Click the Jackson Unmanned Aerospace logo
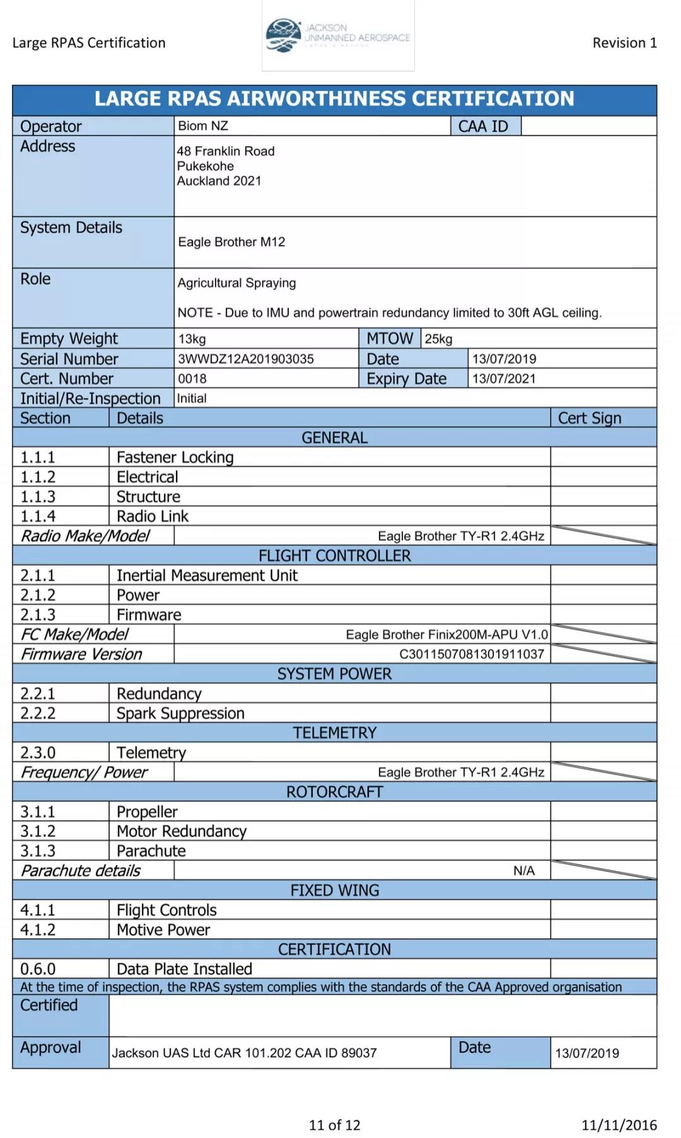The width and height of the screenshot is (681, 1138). click(x=338, y=36)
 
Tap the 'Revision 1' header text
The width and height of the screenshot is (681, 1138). click(x=624, y=43)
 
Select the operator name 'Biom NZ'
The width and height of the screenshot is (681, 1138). click(x=203, y=126)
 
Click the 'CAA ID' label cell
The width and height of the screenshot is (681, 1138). click(x=483, y=126)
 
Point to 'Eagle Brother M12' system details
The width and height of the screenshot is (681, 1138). click(x=231, y=242)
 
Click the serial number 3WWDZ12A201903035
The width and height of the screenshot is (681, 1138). click(x=246, y=359)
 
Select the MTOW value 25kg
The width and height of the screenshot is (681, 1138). click(x=438, y=339)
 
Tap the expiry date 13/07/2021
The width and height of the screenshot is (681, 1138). click(x=504, y=378)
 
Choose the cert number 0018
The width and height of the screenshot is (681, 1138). click(x=192, y=379)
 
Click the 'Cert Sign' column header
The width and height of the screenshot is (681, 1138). click(x=590, y=418)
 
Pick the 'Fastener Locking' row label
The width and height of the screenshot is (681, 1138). click(x=175, y=457)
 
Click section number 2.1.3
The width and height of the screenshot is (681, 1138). click(x=38, y=615)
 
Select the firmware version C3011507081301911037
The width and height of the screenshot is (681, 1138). click(x=472, y=654)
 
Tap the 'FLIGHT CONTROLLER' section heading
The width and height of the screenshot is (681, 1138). click(x=334, y=555)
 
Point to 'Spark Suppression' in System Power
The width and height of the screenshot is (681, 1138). click(x=180, y=713)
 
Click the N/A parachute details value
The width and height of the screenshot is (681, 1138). click(x=523, y=871)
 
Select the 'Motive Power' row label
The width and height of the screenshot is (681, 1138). click(x=163, y=930)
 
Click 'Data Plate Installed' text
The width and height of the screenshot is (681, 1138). click(x=184, y=969)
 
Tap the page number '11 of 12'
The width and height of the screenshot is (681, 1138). click(x=334, y=1125)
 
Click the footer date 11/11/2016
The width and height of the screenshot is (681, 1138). click(x=619, y=1125)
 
